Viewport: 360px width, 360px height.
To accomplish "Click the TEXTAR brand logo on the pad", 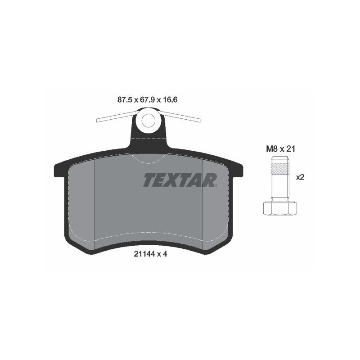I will click(x=180, y=180).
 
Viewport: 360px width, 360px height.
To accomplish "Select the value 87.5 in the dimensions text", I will click(x=124, y=100).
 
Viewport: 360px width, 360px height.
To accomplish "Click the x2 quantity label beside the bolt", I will click(x=300, y=177).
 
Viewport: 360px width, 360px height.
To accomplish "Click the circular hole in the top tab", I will click(x=148, y=120).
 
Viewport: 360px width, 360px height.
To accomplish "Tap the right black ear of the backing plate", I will click(x=237, y=170).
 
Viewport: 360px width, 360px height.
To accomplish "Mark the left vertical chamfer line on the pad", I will click(x=94, y=202).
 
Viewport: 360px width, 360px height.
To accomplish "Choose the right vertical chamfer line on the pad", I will click(x=203, y=202).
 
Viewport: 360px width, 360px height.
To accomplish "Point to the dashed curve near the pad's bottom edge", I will click(x=148, y=233).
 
